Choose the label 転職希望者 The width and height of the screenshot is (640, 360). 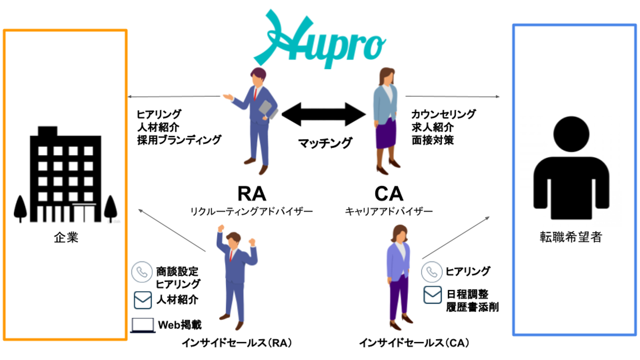571,237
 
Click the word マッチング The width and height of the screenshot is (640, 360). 325,143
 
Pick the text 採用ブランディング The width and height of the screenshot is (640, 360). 179,140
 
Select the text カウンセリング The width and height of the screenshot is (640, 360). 444,114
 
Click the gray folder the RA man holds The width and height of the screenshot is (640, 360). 268,109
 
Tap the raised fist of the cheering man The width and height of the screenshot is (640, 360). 220,228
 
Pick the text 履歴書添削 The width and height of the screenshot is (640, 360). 472,307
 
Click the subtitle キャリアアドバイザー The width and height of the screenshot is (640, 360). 389,212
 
